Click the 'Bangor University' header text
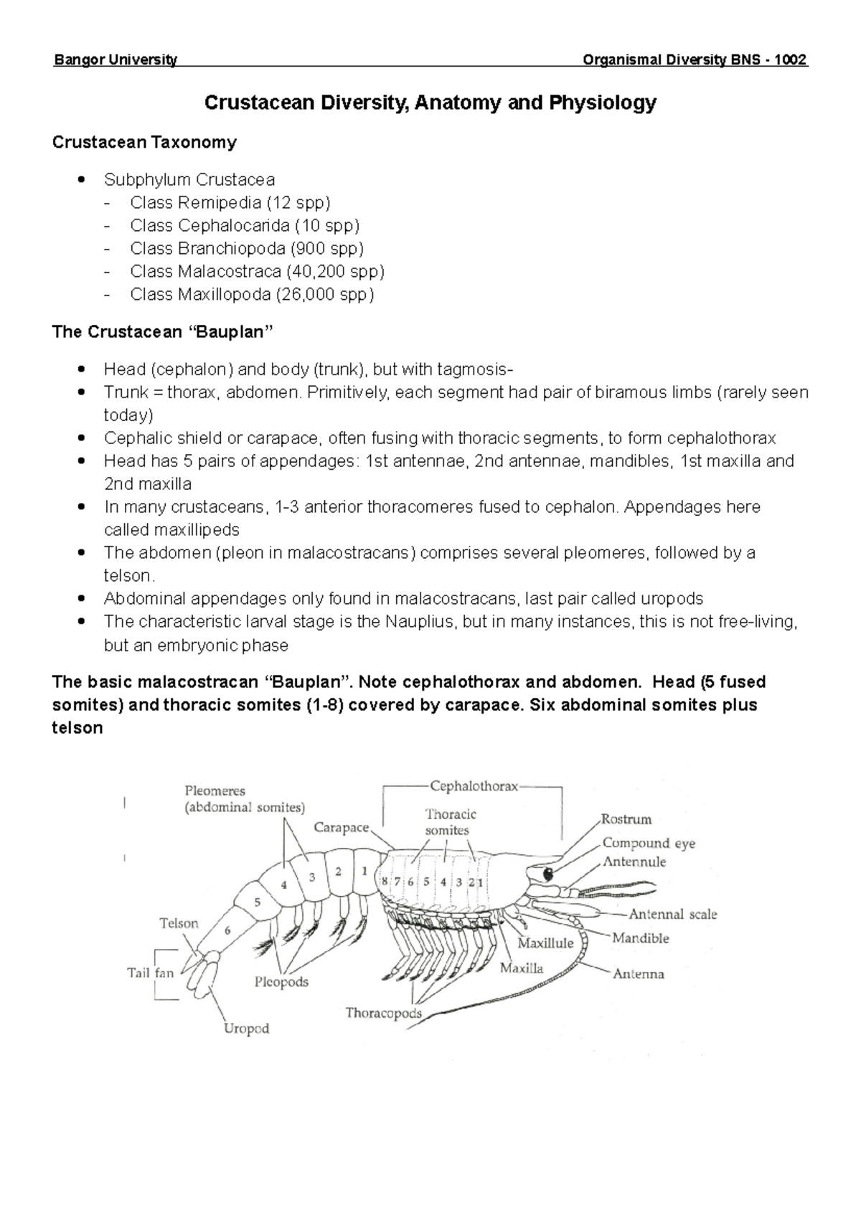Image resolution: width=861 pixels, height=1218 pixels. pos(115,60)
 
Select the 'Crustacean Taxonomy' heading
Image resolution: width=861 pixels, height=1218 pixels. pos(144,142)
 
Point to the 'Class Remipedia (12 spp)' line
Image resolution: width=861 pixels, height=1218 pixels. pos(230,202)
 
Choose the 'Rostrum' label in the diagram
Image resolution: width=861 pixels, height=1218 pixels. pos(626,819)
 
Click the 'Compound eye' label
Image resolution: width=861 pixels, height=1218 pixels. pos(649,844)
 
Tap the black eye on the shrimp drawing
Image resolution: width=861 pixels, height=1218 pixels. pos(550,874)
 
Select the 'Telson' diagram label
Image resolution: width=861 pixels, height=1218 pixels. pos(179,923)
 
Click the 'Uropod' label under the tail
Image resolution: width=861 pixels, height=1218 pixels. pos(246,1029)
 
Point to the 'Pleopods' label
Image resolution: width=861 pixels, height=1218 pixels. pos(281,982)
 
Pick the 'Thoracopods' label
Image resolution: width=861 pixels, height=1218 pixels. pos(383,1013)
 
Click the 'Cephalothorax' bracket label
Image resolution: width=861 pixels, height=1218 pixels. pos(474,786)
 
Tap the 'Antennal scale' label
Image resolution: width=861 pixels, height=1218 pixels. pos(672,915)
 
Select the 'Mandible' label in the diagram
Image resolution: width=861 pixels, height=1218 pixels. pos(640,938)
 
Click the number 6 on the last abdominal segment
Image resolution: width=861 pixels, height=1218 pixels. pos(228,931)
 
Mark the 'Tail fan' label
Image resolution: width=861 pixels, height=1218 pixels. pos(151,973)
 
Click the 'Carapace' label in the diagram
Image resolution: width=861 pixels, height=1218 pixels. pos(341,828)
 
